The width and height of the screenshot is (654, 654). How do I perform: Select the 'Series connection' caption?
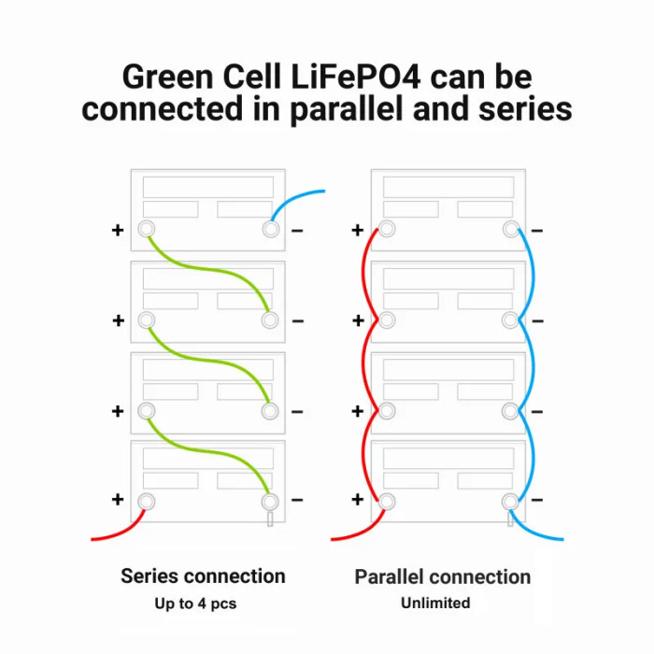tap(203, 576)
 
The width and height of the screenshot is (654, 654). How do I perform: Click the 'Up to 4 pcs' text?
tap(195, 604)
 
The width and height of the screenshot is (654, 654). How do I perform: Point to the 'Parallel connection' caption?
tap(442, 576)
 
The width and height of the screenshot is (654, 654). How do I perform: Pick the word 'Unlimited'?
tap(435, 604)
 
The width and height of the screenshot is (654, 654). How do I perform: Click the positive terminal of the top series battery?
tap(146, 229)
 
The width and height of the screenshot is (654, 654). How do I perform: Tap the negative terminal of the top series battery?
tap(270, 229)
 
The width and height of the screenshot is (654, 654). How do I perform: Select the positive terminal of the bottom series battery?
tap(146, 501)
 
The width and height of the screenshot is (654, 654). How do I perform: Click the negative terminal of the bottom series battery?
tap(270, 501)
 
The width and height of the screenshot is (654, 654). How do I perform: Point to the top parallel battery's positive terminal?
tap(386, 229)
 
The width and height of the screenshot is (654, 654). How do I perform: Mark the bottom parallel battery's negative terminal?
tap(510, 501)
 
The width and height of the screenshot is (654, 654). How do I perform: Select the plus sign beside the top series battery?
tap(118, 230)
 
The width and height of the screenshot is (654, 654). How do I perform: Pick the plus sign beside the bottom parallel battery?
tap(357, 500)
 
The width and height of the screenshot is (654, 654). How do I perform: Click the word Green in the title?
tap(167, 76)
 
